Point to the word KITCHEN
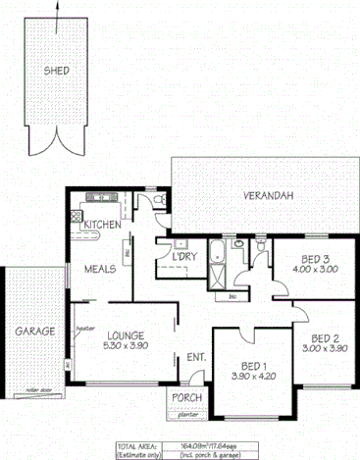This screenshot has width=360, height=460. [x=102, y=225]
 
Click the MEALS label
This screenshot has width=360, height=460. [x=100, y=268]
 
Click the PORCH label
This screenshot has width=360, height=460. [x=187, y=397]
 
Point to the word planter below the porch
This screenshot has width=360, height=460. [x=187, y=414]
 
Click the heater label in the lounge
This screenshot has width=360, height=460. [x=84, y=330]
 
